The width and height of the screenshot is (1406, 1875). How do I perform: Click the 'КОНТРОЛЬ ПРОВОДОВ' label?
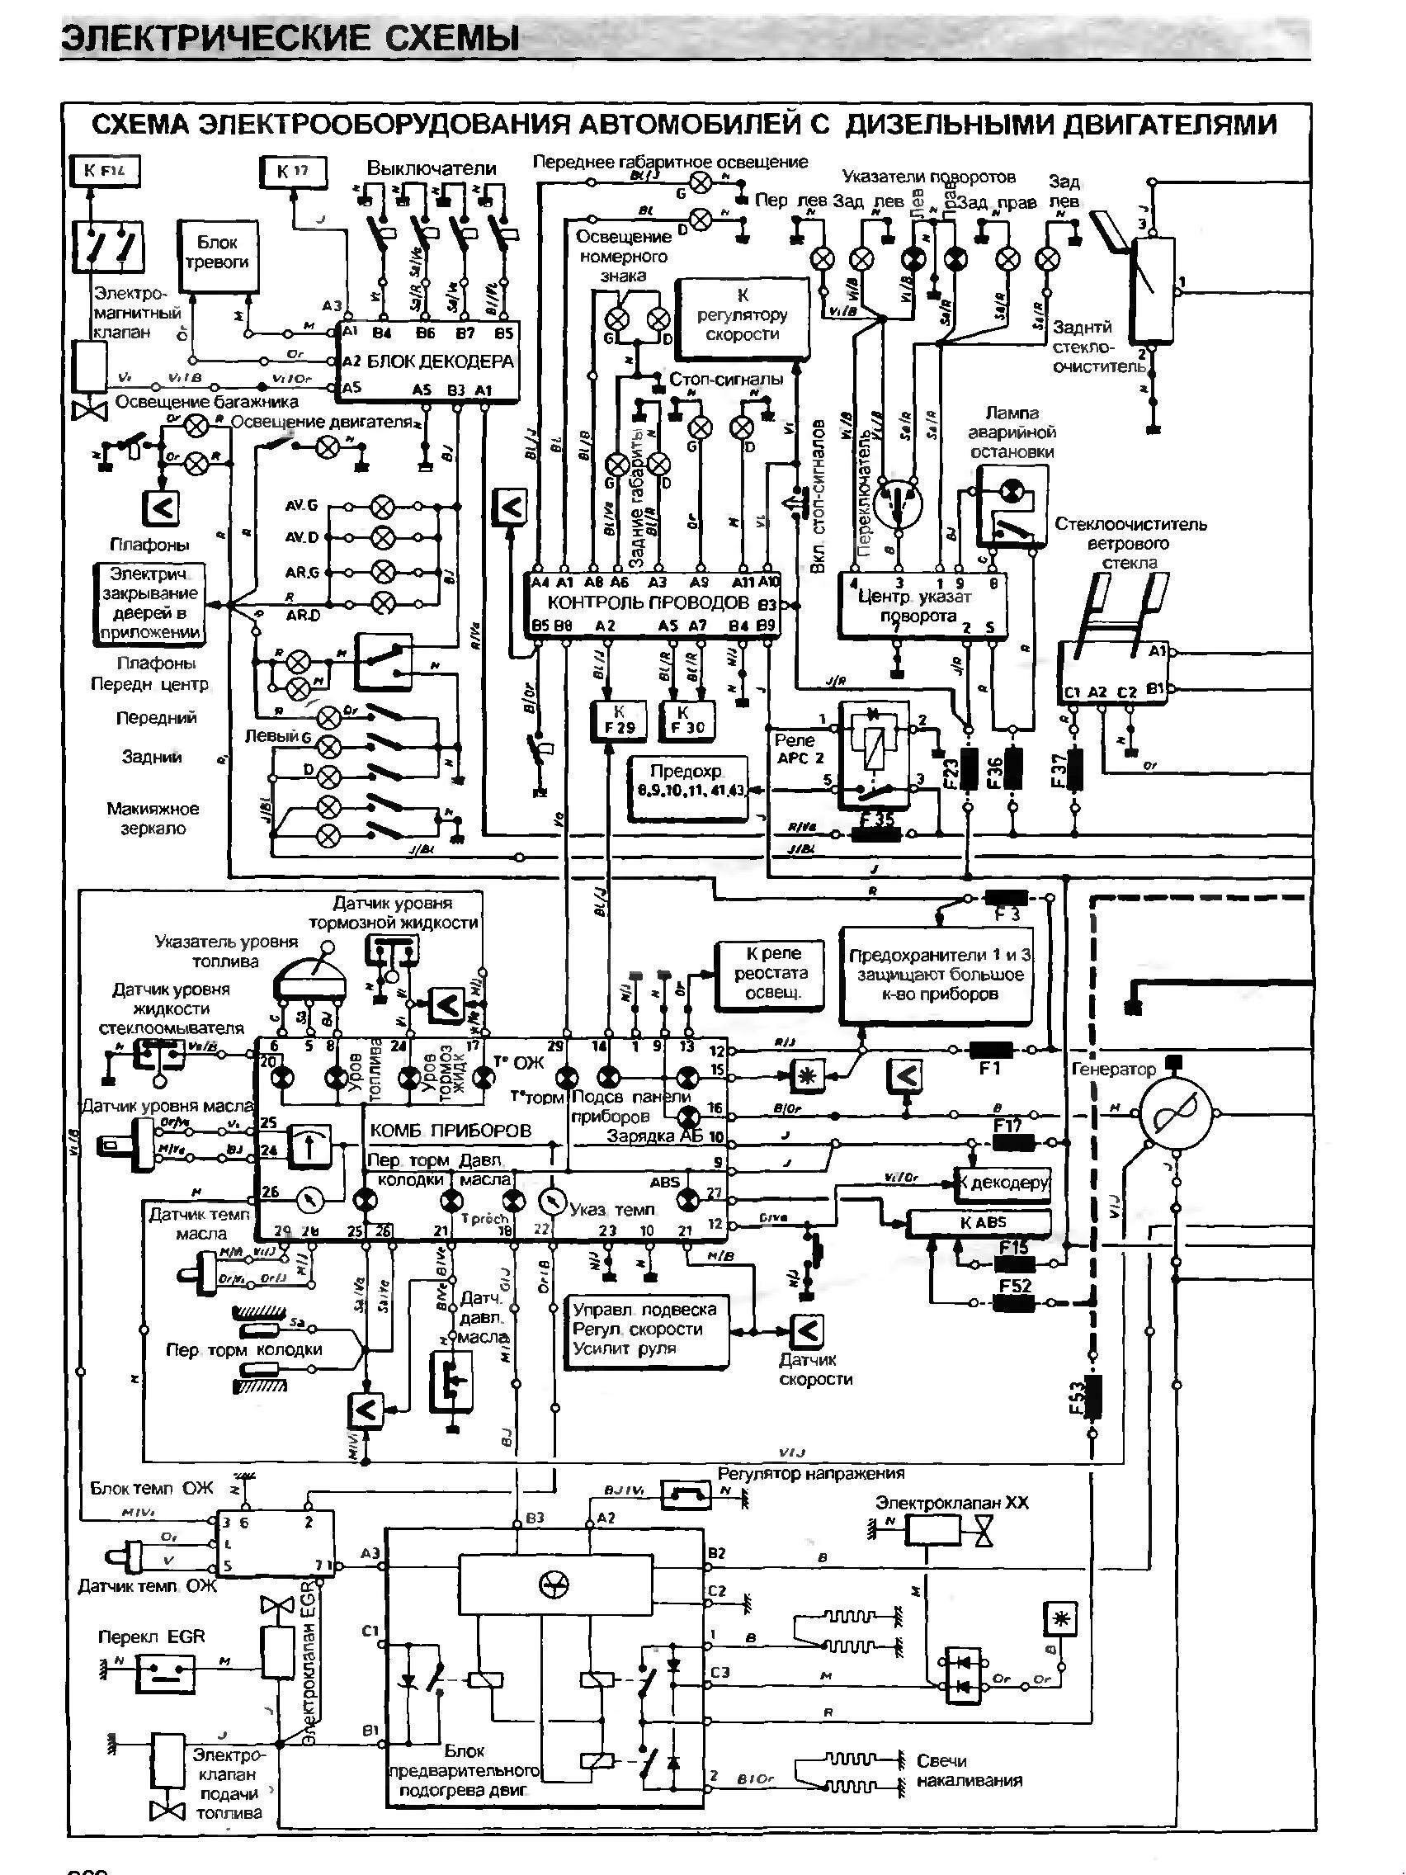click(649, 602)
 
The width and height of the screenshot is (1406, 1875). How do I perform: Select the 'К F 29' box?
click(619, 719)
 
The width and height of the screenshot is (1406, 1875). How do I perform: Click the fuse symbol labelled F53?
click(1092, 1397)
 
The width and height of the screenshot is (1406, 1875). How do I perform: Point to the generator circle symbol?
click(1175, 1113)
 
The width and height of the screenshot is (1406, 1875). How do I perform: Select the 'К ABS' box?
click(979, 1222)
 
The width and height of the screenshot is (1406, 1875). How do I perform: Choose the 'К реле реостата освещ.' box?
click(770, 974)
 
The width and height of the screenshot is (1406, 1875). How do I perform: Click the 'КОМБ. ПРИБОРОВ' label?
click(450, 1131)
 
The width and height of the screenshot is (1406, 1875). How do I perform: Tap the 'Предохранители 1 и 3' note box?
click(937, 975)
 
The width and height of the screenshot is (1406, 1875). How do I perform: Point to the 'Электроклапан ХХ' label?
click(951, 1503)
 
